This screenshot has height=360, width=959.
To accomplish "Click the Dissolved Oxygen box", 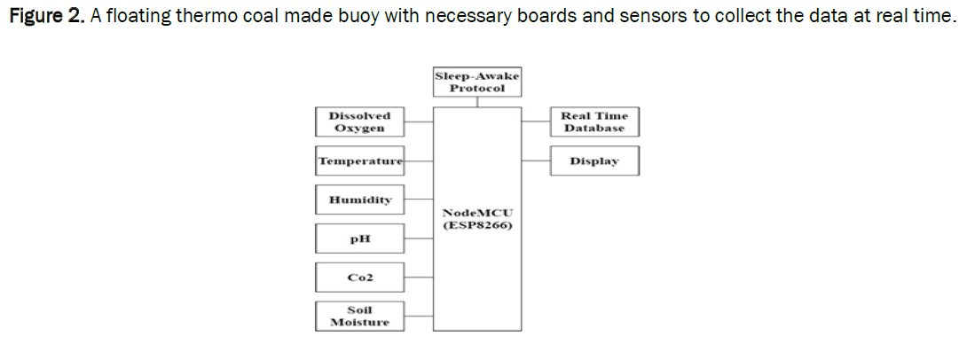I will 359,122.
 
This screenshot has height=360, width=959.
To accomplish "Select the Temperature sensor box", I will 359,161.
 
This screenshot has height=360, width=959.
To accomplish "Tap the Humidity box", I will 359,200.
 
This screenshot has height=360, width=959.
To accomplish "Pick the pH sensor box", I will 359,239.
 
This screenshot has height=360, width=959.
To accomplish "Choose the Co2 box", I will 359,277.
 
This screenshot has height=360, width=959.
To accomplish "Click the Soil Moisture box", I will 359,316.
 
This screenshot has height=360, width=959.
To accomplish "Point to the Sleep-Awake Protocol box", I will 477,82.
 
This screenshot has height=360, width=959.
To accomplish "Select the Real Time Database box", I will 593,122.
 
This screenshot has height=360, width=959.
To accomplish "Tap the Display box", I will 593,161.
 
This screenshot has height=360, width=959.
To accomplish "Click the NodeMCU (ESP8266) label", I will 477,219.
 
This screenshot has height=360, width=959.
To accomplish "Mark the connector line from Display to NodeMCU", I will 535,161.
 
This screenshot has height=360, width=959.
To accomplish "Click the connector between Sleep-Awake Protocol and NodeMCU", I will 477,102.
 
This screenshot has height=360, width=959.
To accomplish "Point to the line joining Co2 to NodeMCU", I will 419,277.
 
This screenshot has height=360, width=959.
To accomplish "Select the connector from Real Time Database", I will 535,122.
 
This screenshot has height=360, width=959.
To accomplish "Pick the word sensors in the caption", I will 632,17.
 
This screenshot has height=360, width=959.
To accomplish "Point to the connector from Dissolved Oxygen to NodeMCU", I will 419,122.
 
